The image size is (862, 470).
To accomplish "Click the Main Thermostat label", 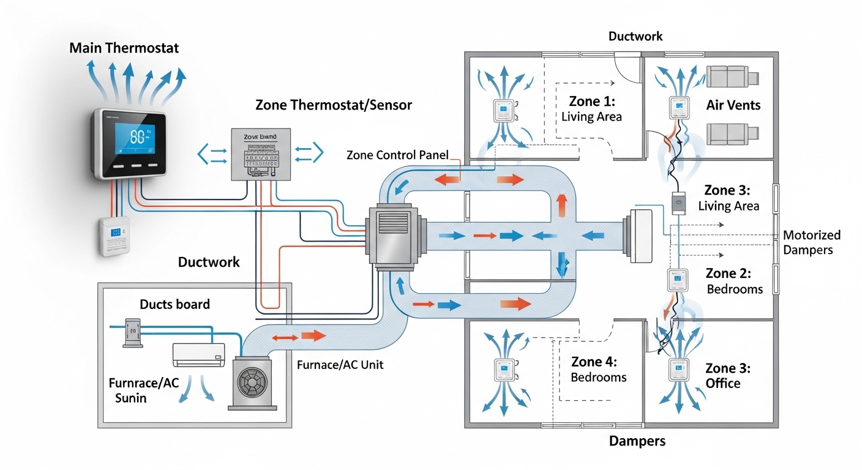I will (124, 48).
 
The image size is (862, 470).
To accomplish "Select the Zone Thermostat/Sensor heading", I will (334, 105).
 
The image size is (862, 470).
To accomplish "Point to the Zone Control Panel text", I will (397, 155).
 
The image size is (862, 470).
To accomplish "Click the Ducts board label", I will (174, 304).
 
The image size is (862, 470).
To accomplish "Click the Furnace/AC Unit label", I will (340, 364).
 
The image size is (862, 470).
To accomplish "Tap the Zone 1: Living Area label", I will (591, 108).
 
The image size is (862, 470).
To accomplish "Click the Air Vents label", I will (733, 105).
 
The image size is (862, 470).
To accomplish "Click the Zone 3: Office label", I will (727, 376).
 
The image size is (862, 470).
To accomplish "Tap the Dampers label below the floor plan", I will (637, 441).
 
